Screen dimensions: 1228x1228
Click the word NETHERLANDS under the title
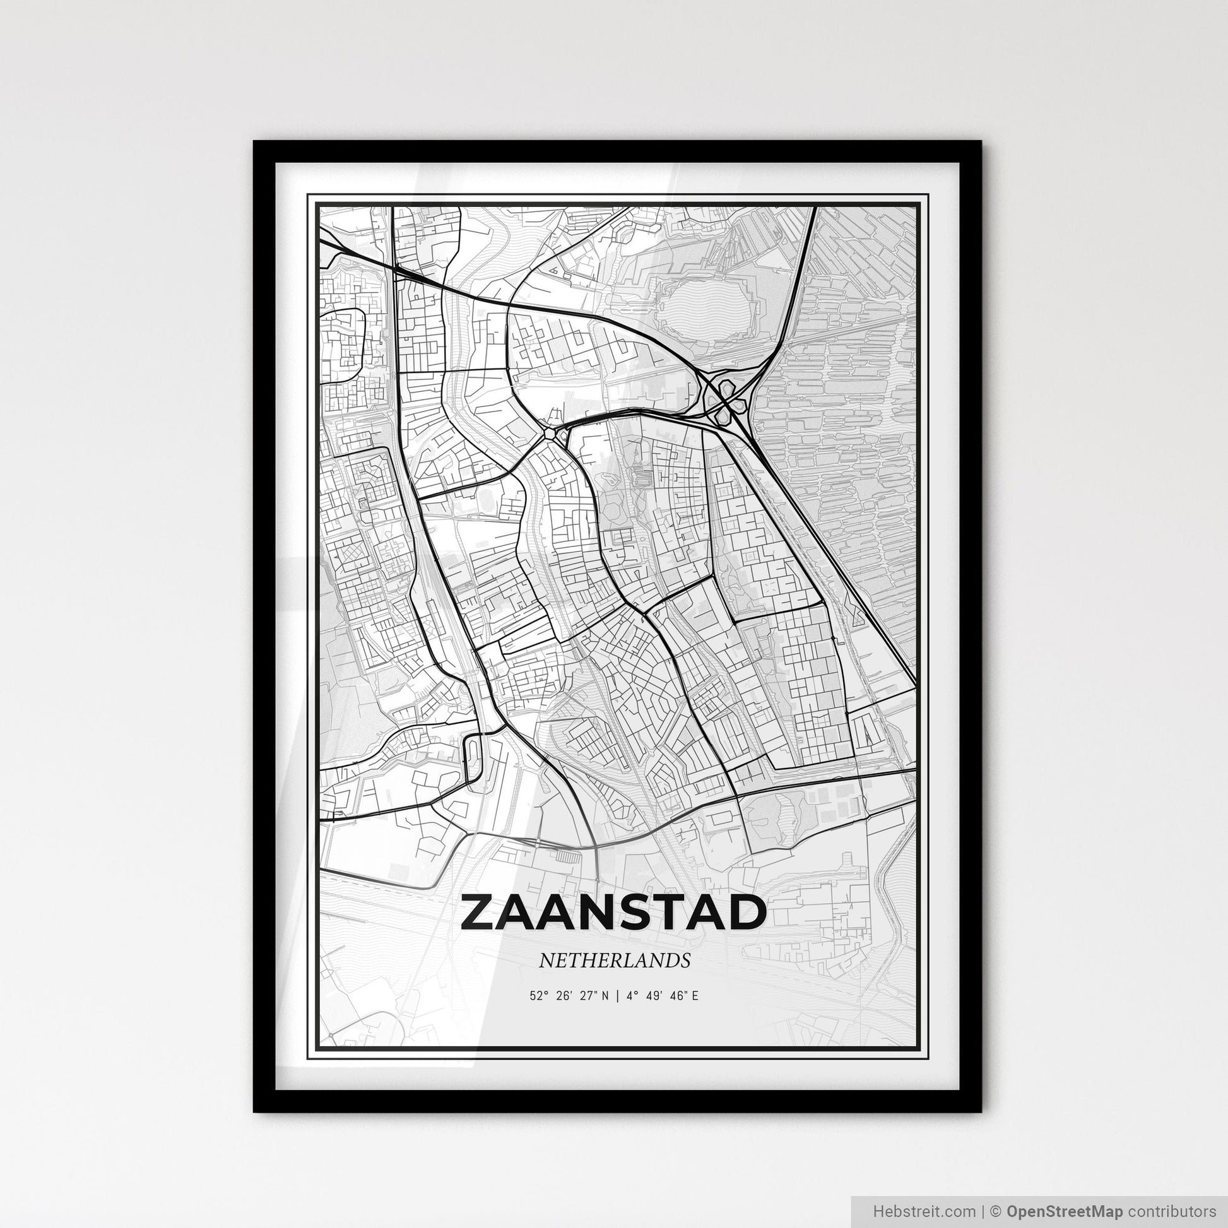[614, 960]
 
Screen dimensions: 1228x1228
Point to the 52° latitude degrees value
[538, 996]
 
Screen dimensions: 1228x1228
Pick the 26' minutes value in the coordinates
[563, 996]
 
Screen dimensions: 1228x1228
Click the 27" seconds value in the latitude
[589, 996]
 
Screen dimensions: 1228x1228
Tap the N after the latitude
[606, 996]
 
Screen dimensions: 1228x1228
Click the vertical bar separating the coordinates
[615, 996]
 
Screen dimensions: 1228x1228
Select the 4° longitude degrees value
[631, 996]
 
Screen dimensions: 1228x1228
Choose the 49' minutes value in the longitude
[654, 996]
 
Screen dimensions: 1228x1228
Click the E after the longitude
[695, 996]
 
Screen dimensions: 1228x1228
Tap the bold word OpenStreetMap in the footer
[1065, 1210]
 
